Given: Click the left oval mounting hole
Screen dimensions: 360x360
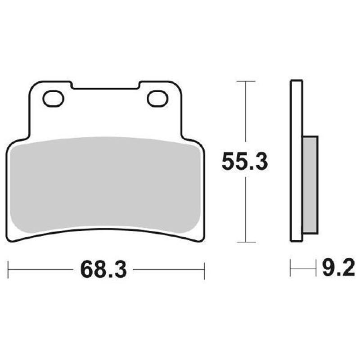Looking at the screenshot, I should click(x=54, y=98).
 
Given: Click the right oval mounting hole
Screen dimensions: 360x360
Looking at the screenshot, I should click(x=157, y=98).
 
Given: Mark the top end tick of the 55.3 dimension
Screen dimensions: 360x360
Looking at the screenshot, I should click(x=246, y=81).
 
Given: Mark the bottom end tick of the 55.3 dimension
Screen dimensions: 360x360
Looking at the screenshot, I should click(x=246, y=242).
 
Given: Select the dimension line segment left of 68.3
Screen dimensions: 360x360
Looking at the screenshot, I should click(x=40, y=270).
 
